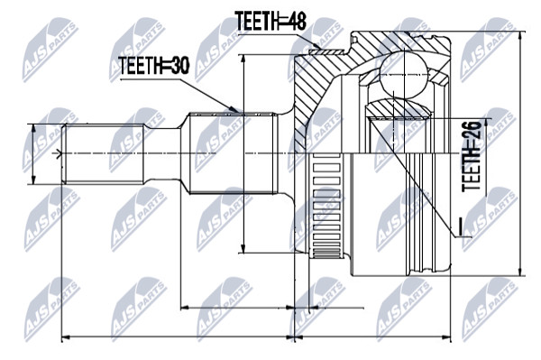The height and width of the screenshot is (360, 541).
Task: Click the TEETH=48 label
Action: click(270, 21)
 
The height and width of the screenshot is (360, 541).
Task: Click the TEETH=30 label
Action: click(154, 66)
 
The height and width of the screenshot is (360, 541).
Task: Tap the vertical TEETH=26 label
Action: click(472, 156)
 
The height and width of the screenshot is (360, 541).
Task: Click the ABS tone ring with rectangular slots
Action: click(326, 206)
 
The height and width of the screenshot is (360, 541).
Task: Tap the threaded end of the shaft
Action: click(104, 153)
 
